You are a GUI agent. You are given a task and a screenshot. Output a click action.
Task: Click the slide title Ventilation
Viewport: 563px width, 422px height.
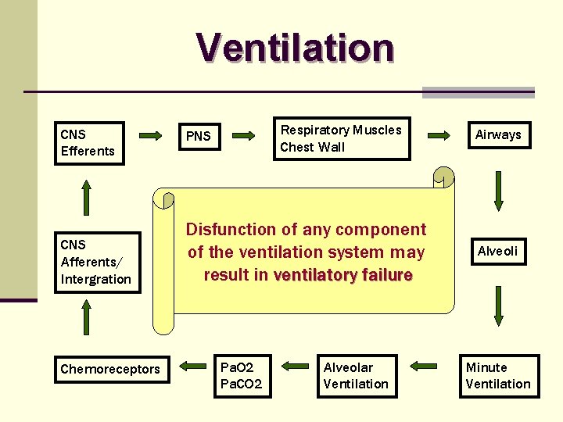pos(295,47)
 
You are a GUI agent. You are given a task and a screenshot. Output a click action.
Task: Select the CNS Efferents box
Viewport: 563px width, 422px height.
pos(90,143)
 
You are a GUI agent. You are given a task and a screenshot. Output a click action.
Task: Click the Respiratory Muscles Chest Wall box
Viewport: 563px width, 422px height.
pos(341,138)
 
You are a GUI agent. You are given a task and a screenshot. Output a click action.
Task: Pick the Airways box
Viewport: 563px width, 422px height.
pos(498,134)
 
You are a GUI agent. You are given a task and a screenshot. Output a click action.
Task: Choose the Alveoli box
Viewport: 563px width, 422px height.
pos(498,251)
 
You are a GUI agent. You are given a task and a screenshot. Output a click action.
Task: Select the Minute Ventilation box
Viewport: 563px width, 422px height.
pos(498,376)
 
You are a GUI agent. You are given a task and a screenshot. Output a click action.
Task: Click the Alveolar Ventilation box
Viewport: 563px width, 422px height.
pos(356,376)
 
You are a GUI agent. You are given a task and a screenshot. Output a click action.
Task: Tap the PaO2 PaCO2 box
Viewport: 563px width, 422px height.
pos(242,376)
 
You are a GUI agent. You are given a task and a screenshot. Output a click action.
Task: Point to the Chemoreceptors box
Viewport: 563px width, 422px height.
pos(110,369)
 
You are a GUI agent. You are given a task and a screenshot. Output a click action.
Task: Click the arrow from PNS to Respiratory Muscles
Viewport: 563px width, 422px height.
pos(245,135)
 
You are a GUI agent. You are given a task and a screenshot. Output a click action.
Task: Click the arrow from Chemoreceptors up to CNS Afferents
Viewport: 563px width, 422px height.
pos(86,323)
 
